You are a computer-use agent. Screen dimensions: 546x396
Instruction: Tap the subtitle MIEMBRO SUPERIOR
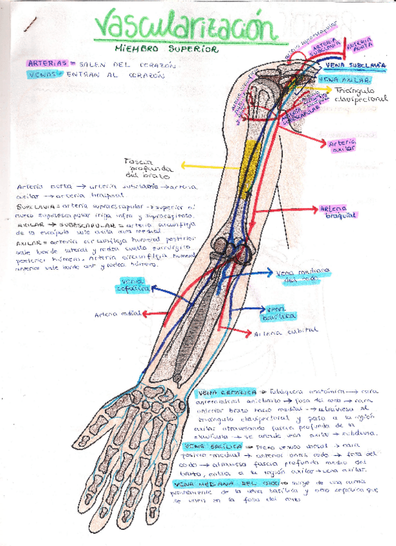coord(166,48)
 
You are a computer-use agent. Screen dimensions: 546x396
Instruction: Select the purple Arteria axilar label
coord(341,146)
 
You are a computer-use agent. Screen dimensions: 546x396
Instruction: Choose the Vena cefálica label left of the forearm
coord(134,285)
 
